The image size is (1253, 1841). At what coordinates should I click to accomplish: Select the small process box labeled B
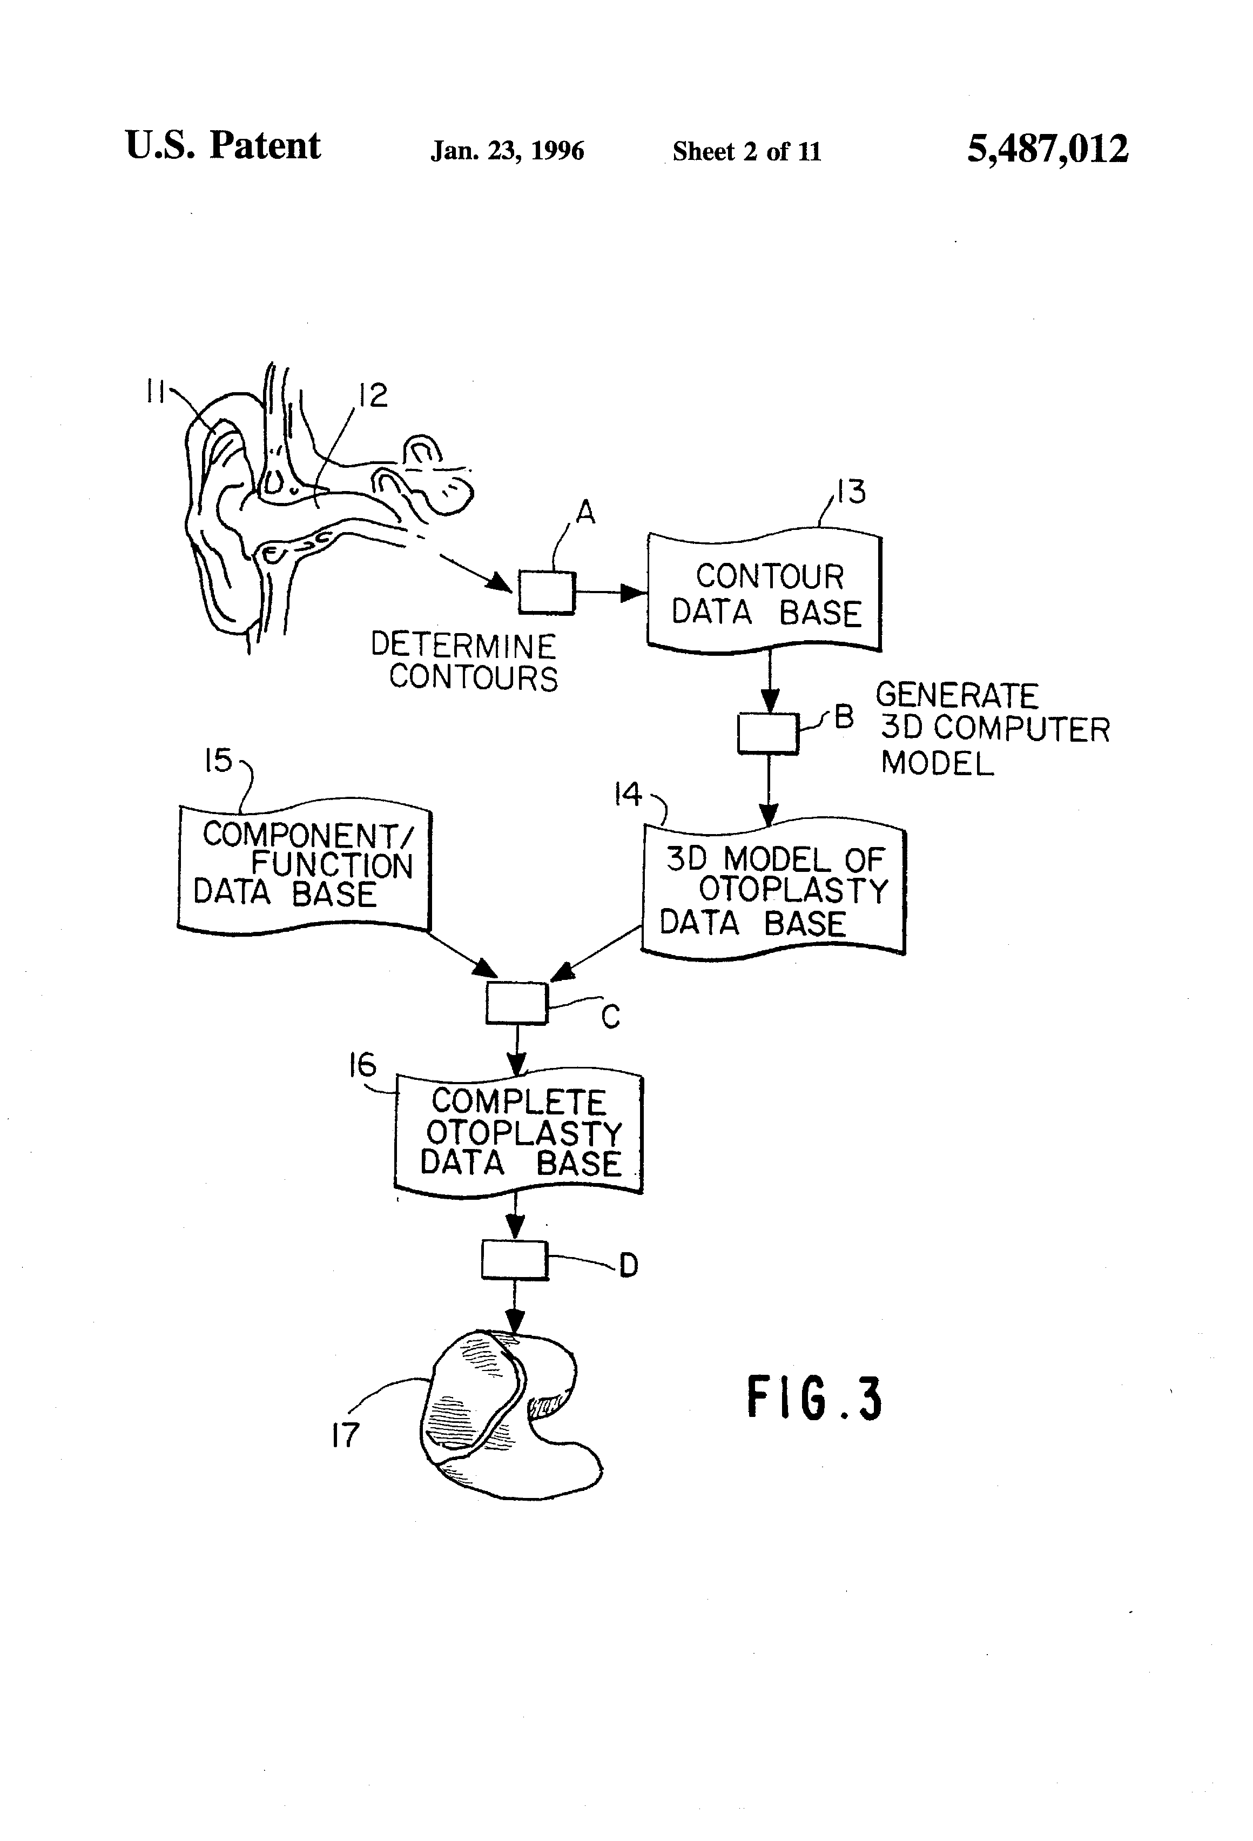coord(767,733)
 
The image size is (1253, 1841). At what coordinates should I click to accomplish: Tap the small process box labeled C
coord(516,1003)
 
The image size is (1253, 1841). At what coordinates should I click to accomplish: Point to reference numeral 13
coord(851,492)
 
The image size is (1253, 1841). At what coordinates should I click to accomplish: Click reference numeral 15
coord(219,761)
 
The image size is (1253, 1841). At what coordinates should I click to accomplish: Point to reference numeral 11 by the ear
coord(154,391)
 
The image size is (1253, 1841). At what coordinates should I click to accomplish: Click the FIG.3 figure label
coord(814,1398)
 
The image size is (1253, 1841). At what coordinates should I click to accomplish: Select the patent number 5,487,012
coord(1047,149)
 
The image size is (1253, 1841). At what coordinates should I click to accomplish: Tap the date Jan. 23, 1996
coord(507,151)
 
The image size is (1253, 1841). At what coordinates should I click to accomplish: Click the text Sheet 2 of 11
coord(746,151)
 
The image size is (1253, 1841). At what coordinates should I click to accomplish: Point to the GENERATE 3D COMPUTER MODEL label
coord(993,729)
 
